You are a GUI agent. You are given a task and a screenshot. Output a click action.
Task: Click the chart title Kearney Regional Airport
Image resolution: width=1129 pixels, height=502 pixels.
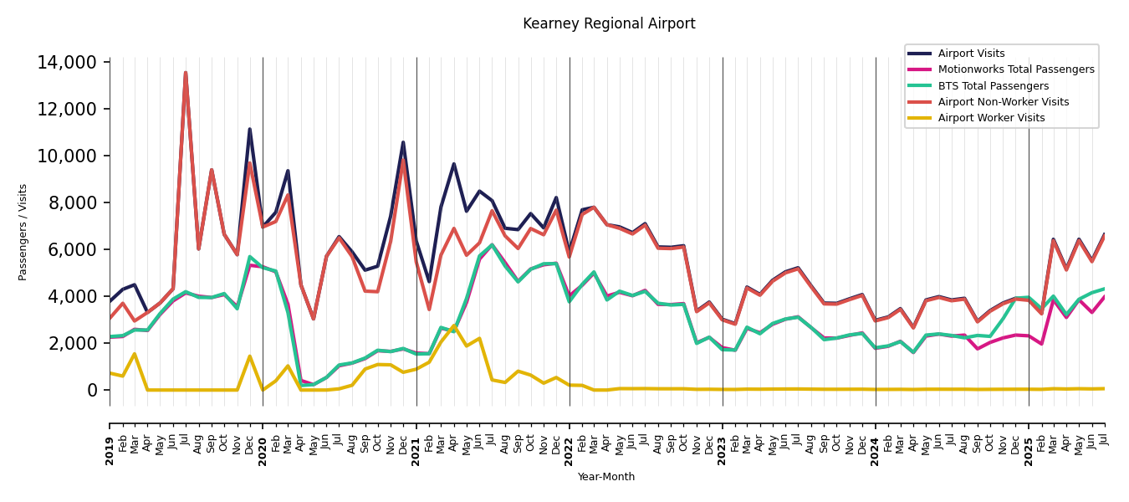609,24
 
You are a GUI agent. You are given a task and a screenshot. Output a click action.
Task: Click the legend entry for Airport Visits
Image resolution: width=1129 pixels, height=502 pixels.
971,54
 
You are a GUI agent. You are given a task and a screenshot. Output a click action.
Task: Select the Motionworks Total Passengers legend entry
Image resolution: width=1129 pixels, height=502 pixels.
1015,69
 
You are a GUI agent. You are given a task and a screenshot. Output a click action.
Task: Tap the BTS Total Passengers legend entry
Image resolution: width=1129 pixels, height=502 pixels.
993,86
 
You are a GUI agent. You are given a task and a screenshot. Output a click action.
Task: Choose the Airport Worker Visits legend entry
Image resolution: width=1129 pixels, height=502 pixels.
991,118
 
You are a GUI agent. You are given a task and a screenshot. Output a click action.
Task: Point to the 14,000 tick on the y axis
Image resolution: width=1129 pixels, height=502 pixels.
67,63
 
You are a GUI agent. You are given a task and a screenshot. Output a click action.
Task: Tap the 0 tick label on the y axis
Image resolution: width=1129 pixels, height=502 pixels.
92,391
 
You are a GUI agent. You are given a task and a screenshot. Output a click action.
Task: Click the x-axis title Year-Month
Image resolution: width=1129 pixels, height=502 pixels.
606,477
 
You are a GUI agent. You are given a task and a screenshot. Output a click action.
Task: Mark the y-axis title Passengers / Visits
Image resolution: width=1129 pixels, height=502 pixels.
23,232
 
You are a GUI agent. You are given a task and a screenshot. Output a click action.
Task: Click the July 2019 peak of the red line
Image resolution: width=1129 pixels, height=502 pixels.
186,73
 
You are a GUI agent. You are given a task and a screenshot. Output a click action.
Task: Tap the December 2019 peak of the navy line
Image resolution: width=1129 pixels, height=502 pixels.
249,129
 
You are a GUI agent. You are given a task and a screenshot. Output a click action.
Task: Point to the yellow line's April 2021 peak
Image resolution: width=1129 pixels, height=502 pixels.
454,325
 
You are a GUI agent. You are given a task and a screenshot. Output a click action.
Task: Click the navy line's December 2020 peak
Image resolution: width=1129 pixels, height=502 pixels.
403,142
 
